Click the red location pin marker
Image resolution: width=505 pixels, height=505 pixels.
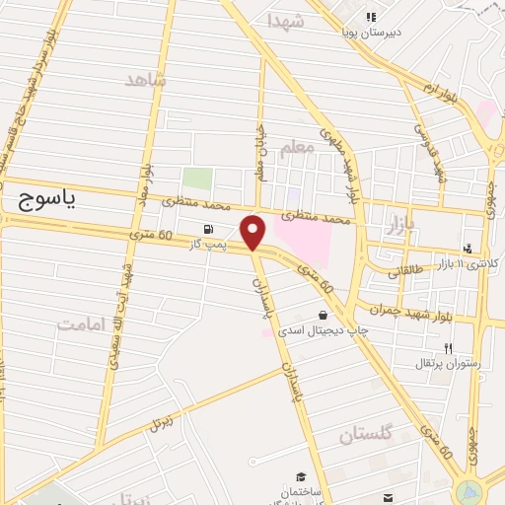tap(254, 232)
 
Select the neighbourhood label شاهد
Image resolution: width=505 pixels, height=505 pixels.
tap(144, 79)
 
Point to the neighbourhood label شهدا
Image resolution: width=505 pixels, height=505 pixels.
tap(285, 21)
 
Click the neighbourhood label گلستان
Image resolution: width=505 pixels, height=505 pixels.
tap(365, 435)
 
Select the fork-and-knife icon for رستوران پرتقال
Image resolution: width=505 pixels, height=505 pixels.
tap(448, 348)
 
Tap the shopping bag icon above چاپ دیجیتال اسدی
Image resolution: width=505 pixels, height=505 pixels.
tap(324, 316)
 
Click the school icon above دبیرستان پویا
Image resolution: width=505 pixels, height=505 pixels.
tap(371, 17)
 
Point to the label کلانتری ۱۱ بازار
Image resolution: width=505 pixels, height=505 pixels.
tap(469, 264)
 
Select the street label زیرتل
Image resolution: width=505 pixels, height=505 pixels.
tap(159, 423)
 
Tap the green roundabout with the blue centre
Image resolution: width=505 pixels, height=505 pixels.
tap(469, 490)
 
